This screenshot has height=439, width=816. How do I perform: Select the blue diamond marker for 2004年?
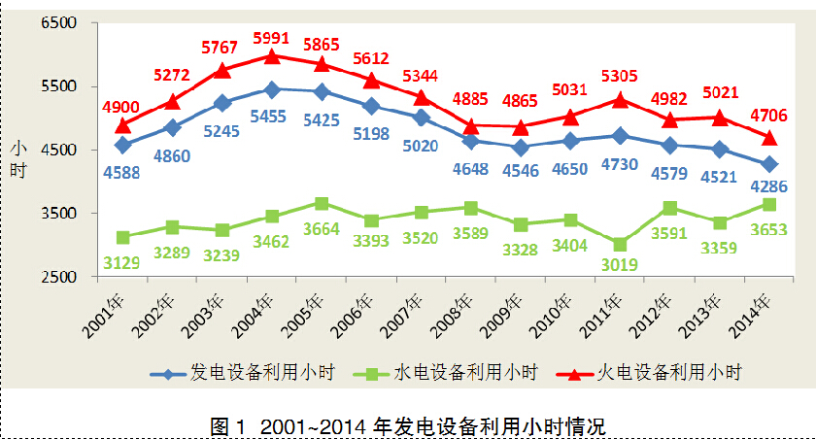click(272, 89)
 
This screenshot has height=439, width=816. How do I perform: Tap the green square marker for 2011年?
click(620, 245)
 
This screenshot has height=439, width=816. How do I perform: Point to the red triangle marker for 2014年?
click(769, 137)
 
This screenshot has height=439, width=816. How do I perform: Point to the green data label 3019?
click(620, 263)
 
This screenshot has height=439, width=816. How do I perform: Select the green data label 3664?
click(322, 229)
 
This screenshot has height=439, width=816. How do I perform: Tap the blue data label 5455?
click(273, 115)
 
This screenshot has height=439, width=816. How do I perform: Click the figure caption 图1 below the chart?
click(407, 425)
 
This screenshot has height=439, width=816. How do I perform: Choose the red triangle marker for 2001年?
click(123, 125)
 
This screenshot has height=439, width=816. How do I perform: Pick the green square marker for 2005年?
click(322, 204)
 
